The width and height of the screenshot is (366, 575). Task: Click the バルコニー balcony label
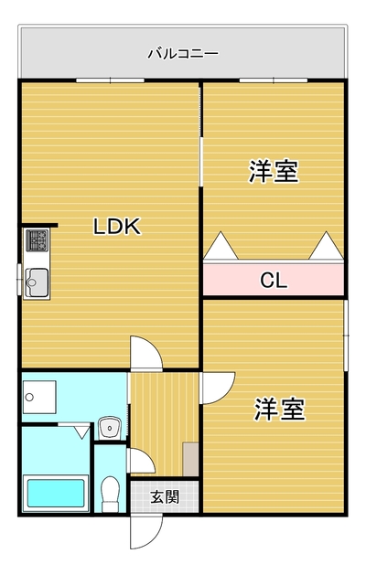click(x=183, y=54)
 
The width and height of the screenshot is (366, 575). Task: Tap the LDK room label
click(x=117, y=227)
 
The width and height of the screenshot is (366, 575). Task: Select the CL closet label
click(x=274, y=281)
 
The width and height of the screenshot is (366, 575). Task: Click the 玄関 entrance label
click(x=165, y=497)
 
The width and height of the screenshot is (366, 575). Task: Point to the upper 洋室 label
click(x=274, y=171)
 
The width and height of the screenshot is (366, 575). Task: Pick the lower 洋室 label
click(x=280, y=409)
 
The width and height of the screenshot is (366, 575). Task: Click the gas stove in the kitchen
click(x=37, y=240)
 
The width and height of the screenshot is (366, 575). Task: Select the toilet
click(x=110, y=494)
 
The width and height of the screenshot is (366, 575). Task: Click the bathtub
click(x=56, y=494)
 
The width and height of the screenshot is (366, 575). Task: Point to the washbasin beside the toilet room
click(x=109, y=428)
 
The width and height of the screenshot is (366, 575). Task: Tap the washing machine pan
click(x=39, y=397)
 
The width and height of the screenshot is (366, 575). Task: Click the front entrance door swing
click(x=146, y=531)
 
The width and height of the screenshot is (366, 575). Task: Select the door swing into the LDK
click(x=146, y=353)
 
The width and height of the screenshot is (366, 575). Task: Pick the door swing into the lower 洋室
click(x=218, y=388)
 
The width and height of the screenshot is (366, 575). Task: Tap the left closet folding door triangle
click(x=221, y=245)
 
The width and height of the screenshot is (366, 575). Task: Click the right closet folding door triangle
click(x=326, y=245)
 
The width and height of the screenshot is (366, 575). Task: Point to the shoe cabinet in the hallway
click(x=190, y=459)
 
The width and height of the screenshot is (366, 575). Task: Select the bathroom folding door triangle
click(x=81, y=431)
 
